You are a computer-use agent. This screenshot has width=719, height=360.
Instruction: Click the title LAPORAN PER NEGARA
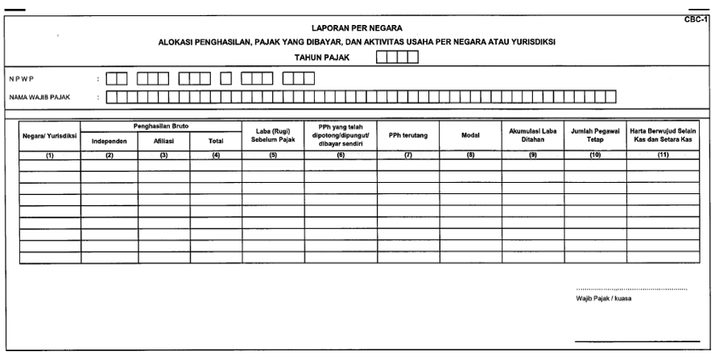pos(357,28)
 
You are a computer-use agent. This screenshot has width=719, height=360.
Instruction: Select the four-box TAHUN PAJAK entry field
pos(397,57)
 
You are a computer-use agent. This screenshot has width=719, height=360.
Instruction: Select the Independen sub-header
pos(109,142)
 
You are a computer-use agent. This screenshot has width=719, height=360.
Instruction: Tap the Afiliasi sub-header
pos(164,142)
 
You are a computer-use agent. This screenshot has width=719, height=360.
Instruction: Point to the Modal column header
pos(470,136)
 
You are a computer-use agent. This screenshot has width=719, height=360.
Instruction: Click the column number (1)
pos(48,155)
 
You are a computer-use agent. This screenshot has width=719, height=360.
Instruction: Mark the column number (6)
pos(341,155)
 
